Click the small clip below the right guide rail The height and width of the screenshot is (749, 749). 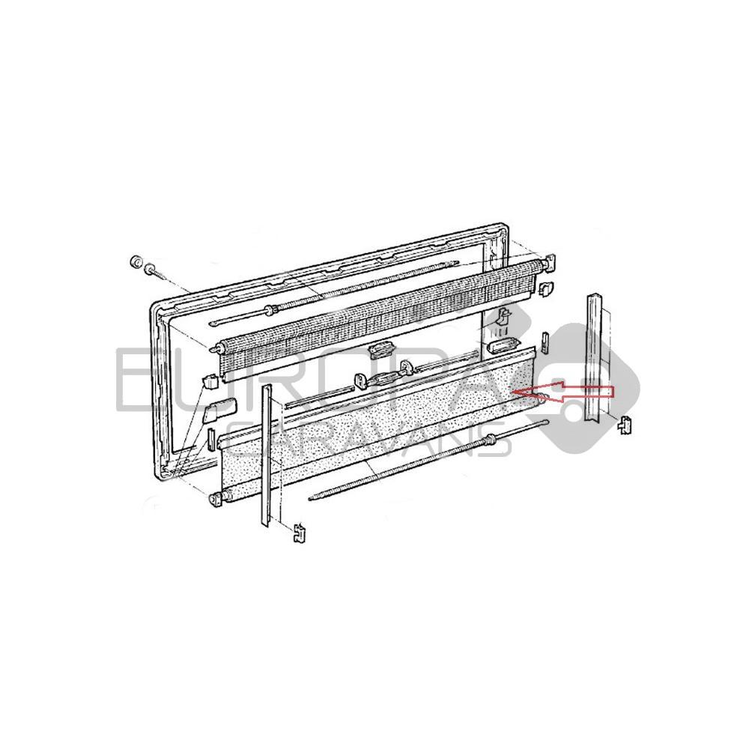click(x=625, y=425)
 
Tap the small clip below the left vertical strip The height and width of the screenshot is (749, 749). click(x=299, y=533)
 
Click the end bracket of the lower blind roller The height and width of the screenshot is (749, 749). click(x=218, y=498)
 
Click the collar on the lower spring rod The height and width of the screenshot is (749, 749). click(x=488, y=441)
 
